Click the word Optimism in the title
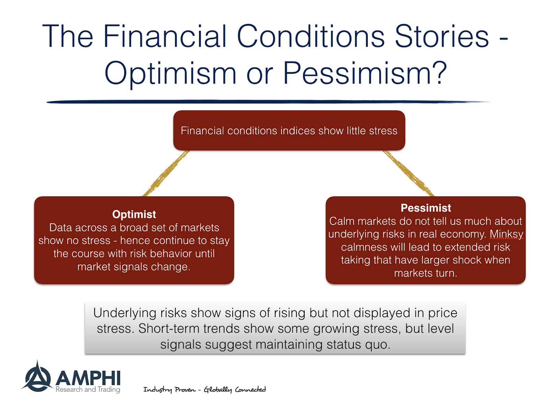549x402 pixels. coord(171,73)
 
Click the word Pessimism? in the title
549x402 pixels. coord(365,73)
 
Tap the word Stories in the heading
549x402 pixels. coord(442,36)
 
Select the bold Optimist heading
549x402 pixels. coord(134,214)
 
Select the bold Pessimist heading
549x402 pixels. coord(425,208)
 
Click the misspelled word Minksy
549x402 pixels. coord(506,234)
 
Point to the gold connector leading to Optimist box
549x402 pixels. coord(166,173)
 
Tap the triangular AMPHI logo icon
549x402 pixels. coord(37,379)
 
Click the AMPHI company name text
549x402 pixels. coord(88,378)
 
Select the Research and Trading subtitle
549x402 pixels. coord(88,390)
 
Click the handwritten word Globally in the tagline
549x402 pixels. coord(218,390)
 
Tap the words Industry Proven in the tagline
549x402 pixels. coord(169,390)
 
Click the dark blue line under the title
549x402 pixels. coord(268,102)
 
